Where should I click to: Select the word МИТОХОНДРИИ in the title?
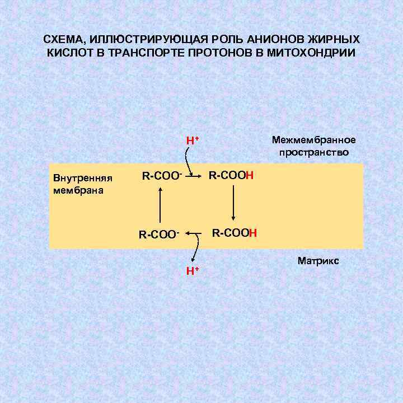pos(308,53)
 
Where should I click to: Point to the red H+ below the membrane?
pos(193,271)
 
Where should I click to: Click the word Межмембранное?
pos(313,140)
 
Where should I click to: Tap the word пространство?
pos(313,152)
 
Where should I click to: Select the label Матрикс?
pos(318,261)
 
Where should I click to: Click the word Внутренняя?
pos(83,179)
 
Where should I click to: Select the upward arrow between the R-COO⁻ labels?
pos(161,205)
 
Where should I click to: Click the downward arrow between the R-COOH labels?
pos(233,202)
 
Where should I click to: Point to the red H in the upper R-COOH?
pos(250,176)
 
